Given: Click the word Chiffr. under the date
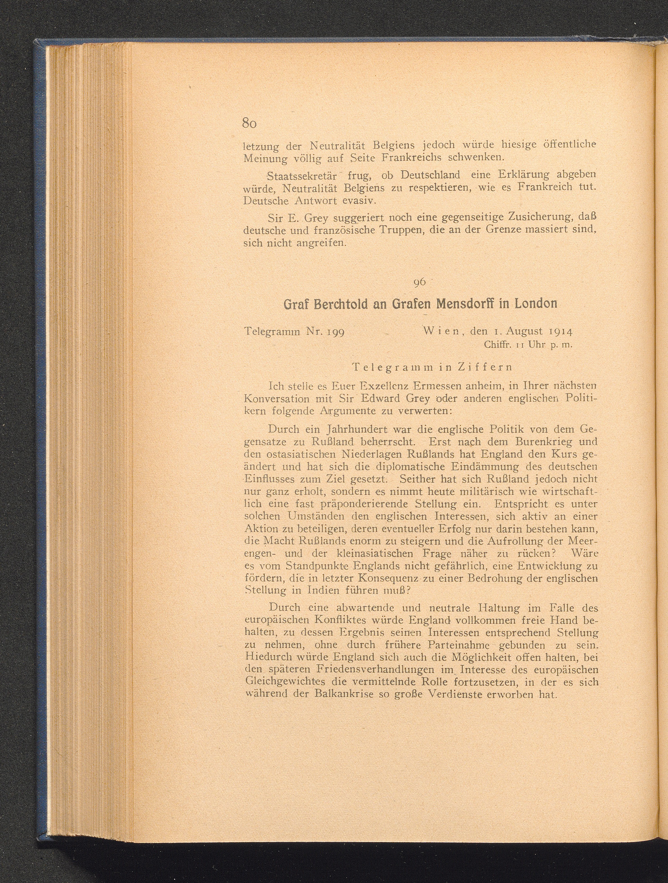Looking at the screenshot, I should [497, 345].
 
